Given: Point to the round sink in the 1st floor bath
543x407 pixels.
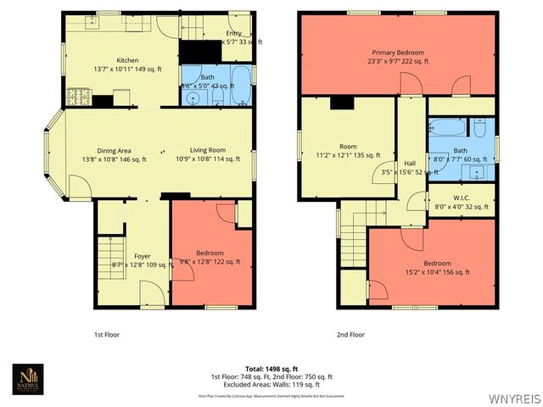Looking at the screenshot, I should (x=195, y=98).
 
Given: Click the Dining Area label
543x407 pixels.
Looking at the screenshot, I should (x=115, y=151).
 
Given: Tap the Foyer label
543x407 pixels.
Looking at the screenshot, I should (x=143, y=254).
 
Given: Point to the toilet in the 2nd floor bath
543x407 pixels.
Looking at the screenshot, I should (x=479, y=129).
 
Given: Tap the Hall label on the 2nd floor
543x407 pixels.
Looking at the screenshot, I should (x=410, y=164).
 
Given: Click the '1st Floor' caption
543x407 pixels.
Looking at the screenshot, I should (x=106, y=335).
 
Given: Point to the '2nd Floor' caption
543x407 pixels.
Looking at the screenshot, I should (x=350, y=335).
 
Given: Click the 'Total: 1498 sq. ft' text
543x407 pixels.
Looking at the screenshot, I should (x=271, y=369).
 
